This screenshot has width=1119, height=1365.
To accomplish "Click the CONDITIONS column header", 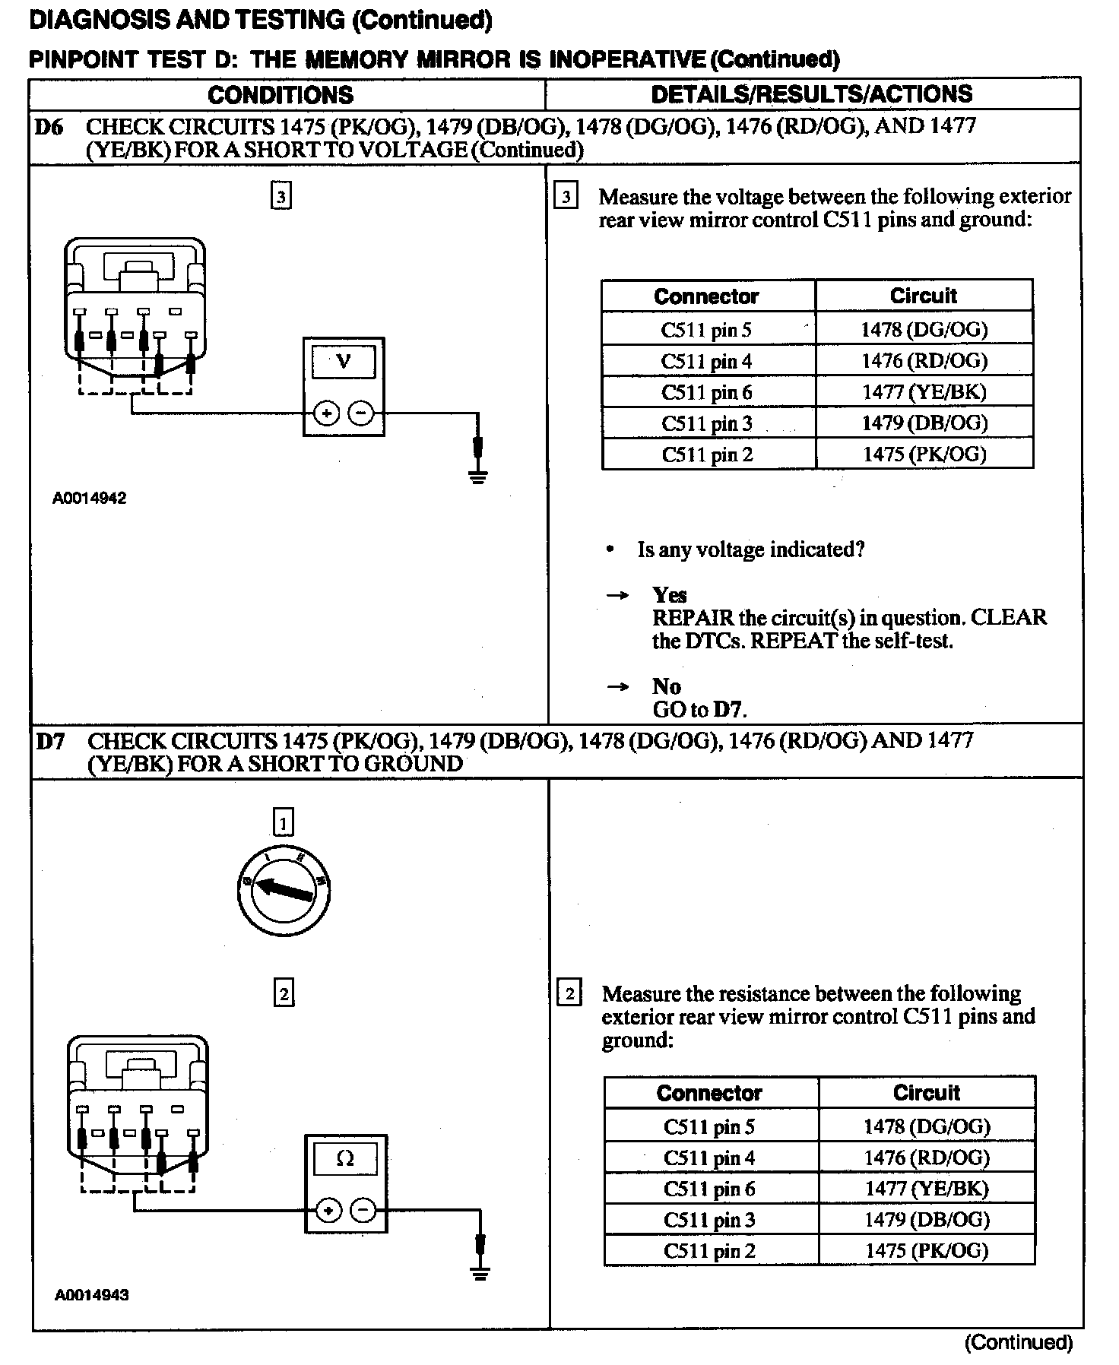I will tap(281, 95).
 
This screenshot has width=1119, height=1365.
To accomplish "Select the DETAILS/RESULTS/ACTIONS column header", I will tap(812, 94).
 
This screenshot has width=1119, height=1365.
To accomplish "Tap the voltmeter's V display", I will tap(344, 362).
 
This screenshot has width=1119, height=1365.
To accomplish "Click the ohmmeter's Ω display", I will tap(345, 1159).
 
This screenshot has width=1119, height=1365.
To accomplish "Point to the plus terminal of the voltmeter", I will tap(326, 413).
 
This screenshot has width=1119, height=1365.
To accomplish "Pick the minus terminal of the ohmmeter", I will tap(363, 1210).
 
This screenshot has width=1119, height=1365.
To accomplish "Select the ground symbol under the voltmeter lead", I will tap(477, 477).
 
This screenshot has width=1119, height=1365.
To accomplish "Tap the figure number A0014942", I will tap(89, 499).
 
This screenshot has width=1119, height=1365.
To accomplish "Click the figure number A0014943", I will tap(91, 1295).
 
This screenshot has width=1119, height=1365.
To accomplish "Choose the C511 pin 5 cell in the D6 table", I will tap(706, 330).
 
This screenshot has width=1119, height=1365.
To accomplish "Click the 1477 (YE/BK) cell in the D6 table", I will tap(924, 392).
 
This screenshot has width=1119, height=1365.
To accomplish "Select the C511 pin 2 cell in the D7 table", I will tap(709, 1251).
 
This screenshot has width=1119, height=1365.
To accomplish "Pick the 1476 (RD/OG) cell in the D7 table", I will tap(926, 1158).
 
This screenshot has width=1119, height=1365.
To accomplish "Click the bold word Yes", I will tap(669, 595).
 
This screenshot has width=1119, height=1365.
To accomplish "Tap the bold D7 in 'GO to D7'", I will tap(728, 710).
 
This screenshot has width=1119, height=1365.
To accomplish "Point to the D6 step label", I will tap(49, 127).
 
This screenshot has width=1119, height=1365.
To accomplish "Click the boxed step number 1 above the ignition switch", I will tap(283, 822).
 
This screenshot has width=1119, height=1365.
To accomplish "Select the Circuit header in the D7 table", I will tap(926, 1093).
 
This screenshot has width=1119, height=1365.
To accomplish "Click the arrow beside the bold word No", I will tap(618, 687).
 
